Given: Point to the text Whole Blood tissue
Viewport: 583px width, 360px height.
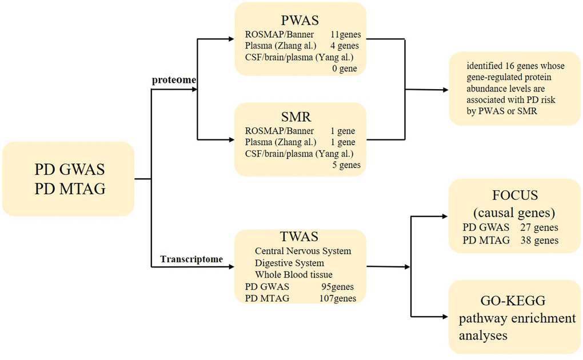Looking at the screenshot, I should point(294,275).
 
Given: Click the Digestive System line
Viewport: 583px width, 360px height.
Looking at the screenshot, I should point(290,263).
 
